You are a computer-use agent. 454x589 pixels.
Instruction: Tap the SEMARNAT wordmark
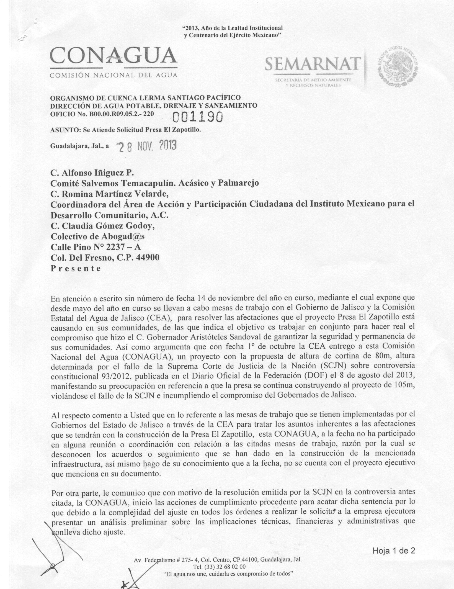pos(313,65)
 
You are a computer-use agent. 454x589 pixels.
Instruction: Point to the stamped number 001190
pos(198,118)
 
